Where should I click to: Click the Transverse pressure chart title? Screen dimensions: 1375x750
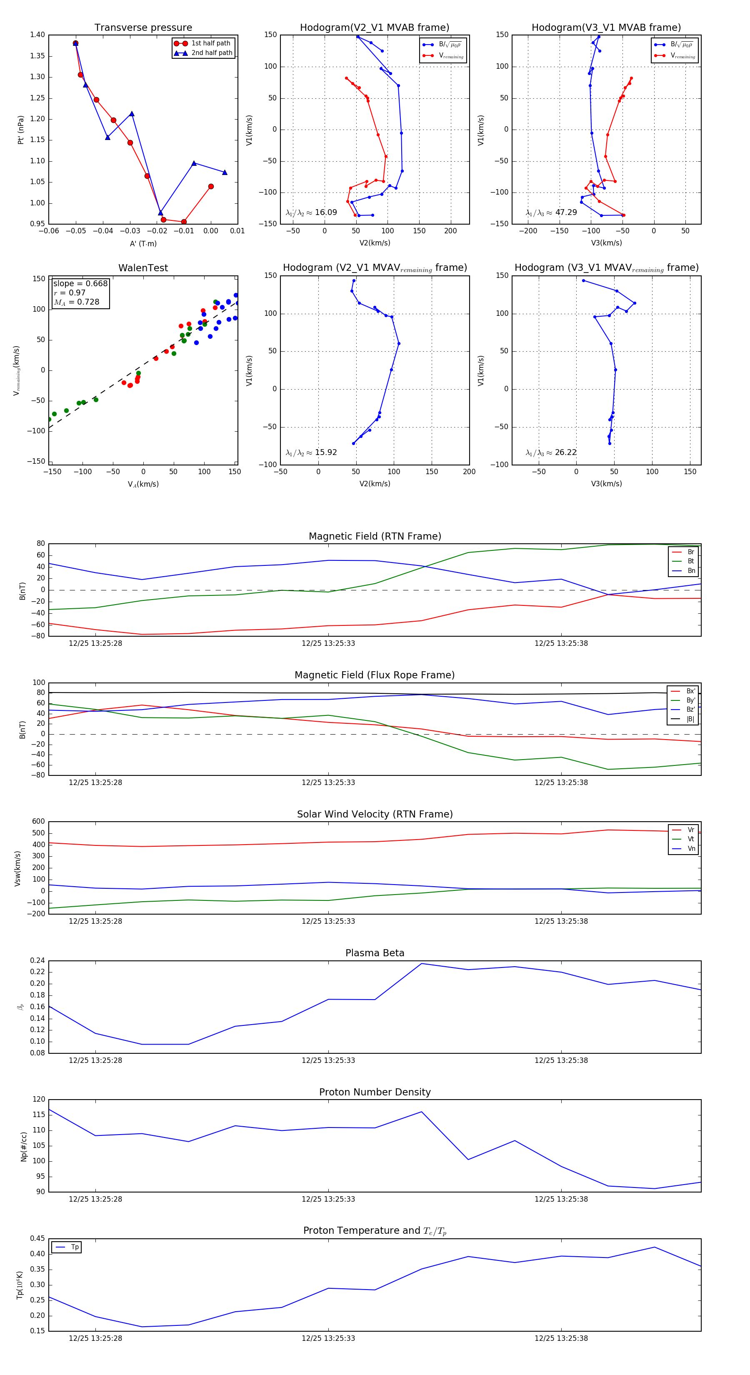[143, 28]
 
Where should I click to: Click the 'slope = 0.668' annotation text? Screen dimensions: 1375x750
[80, 283]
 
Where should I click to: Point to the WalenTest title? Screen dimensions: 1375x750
[143, 268]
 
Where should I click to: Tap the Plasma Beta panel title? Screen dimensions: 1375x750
[375, 953]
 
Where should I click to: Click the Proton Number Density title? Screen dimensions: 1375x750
[375, 1092]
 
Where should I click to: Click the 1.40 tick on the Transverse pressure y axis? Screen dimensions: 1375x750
[37, 35]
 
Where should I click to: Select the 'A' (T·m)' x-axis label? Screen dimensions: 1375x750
[143, 243]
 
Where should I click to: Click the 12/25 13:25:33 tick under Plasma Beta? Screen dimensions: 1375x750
[328, 1060]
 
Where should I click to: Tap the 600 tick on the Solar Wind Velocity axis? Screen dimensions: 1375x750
[38, 822]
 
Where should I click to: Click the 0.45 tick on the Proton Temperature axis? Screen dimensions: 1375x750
[37, 1238]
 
